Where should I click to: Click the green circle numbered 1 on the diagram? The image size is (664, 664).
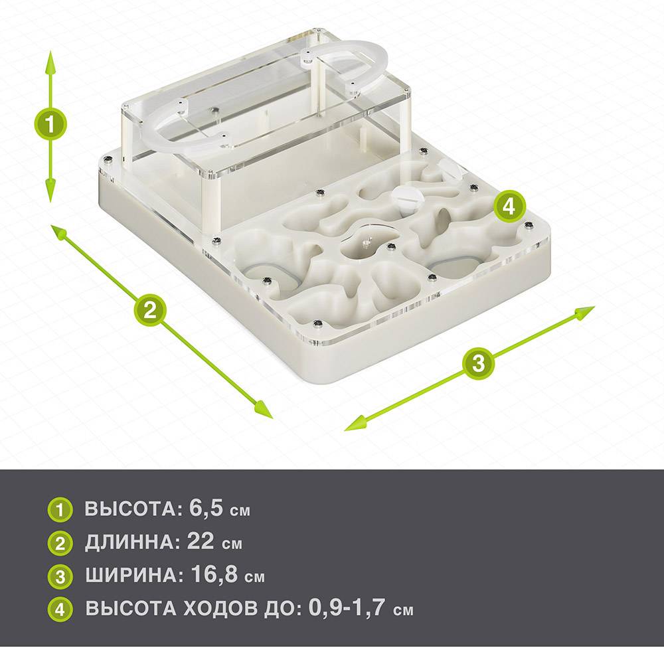click(50, 125)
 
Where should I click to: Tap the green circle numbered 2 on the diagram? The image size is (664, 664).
click(150, 310)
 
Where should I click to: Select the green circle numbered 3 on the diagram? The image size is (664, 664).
click(478, 363)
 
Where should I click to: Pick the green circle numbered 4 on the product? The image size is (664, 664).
click(509, 207)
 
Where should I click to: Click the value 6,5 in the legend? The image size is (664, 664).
click(206, 508)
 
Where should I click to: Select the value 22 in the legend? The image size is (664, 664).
click(201, 541)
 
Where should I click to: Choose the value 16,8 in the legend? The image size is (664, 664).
click(214, 574)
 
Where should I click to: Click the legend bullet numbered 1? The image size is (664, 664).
click(60, 510)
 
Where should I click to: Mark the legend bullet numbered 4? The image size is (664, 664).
click(60, 610)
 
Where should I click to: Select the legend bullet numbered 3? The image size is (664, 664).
click(60, 577)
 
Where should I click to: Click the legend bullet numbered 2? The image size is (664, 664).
click(60, 543)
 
